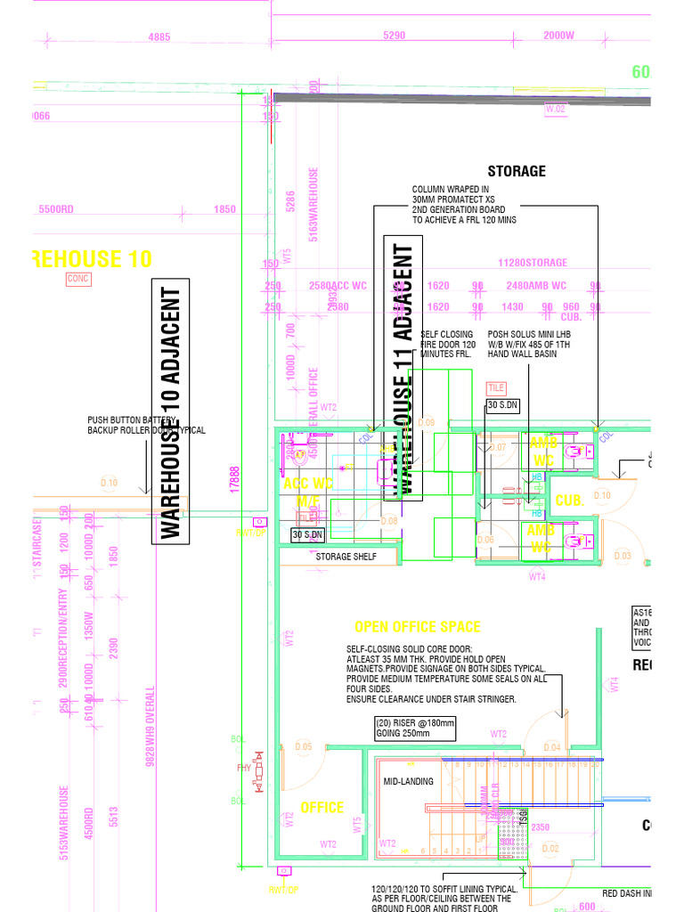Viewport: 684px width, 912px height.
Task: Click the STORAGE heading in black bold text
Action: [x=517, y=171]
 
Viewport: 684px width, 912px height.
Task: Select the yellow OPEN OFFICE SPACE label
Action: [x=418, y=627]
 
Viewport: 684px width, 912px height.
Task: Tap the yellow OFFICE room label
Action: [x=322, y=807]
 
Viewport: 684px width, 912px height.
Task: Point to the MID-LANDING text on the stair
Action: [x=409, y=781]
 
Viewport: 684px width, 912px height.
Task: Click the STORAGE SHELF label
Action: [x=346, y=557]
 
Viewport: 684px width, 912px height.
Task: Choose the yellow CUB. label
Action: [x=568, y=501]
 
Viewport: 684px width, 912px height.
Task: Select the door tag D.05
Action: [x=303, y=746]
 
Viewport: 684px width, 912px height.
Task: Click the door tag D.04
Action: [x=551, y=746]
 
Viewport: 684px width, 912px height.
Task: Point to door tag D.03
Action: [x=622, y=556]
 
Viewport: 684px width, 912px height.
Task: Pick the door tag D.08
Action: [x=389, y=521]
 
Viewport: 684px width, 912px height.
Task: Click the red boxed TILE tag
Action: [x=496, y=388]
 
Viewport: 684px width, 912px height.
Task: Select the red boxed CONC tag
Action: [x=78, y=280]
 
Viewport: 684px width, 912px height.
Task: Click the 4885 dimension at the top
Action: [x=159, y=37]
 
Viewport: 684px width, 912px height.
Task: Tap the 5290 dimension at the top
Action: [x=395, y=37]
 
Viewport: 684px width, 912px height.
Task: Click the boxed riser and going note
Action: [x=415, y=728]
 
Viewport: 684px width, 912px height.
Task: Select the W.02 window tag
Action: [x=556, y=109]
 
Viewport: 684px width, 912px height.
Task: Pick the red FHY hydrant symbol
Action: [x=258, y=771]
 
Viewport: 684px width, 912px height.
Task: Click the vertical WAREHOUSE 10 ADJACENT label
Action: [x=171, y=413]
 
